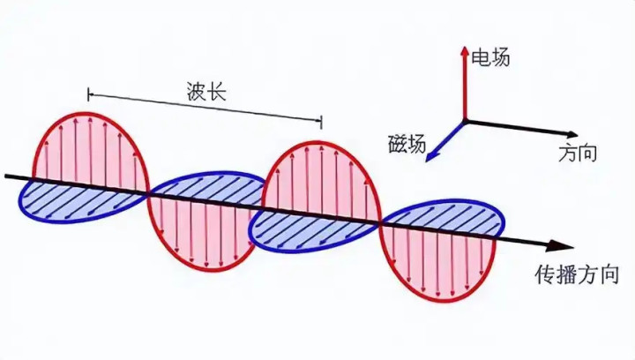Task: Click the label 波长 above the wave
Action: [206, 91]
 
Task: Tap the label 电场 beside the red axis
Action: [491, 57]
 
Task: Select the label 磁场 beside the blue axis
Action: [407, 144]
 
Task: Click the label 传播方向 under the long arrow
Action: [577, 274]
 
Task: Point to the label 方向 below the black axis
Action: [578, 154]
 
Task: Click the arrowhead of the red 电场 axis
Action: [464, 51]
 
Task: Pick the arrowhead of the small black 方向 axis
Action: [571, 135]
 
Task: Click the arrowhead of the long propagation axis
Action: [562, 245]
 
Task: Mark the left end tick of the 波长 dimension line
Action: [89, 94]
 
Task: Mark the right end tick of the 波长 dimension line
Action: [321, 122]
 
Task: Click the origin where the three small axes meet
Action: [465, 120]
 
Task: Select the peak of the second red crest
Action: [320, 142]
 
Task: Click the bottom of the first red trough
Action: [208, 270]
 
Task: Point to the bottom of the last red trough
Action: [442, 301]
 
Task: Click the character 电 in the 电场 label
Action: [482, 57]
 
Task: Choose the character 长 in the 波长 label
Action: [216, 91]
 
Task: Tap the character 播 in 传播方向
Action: [566, 274]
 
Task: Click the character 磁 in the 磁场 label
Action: [398, 144]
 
